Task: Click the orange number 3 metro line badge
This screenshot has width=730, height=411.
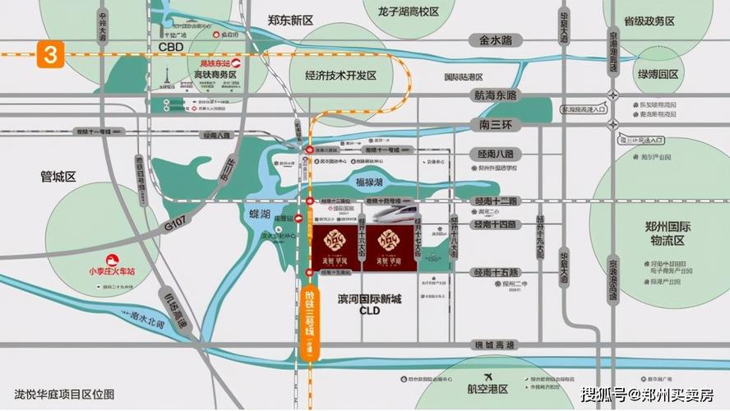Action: point(50,56)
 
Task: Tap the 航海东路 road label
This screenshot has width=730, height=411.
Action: point(496,95)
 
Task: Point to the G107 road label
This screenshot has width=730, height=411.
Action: point(175,222)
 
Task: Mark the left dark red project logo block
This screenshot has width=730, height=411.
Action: point(335,247)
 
